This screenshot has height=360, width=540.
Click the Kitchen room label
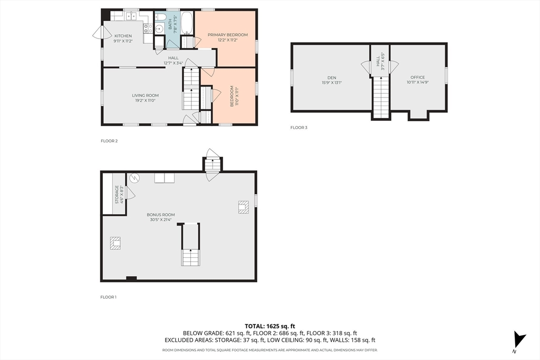[x=123, y=36]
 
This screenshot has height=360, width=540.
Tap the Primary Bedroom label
[x=228, y=35]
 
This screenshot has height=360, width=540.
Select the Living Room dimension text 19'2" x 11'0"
[x=146, y=101]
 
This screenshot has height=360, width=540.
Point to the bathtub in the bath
[x=187, y=23]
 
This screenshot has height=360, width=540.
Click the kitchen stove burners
[x=148, y=28]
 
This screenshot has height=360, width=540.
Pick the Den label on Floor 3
[x=332, y=78]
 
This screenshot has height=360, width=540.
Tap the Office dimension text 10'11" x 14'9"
[x=418, y=82]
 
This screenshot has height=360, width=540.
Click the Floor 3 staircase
[x=381, y=96]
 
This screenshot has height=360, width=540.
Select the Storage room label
[x=117, y=194]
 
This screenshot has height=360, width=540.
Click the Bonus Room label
[x=161, y=215]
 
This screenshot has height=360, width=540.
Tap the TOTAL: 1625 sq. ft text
[x=270, y=326]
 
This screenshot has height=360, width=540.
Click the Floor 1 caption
[x=109, y=297]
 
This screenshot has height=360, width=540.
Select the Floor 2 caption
[x=109, y=141]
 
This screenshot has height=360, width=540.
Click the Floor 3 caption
[x=298, y=128]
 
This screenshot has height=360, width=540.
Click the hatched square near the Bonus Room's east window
[x=244, y=207]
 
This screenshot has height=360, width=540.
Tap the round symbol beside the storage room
[x=134, y=178]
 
